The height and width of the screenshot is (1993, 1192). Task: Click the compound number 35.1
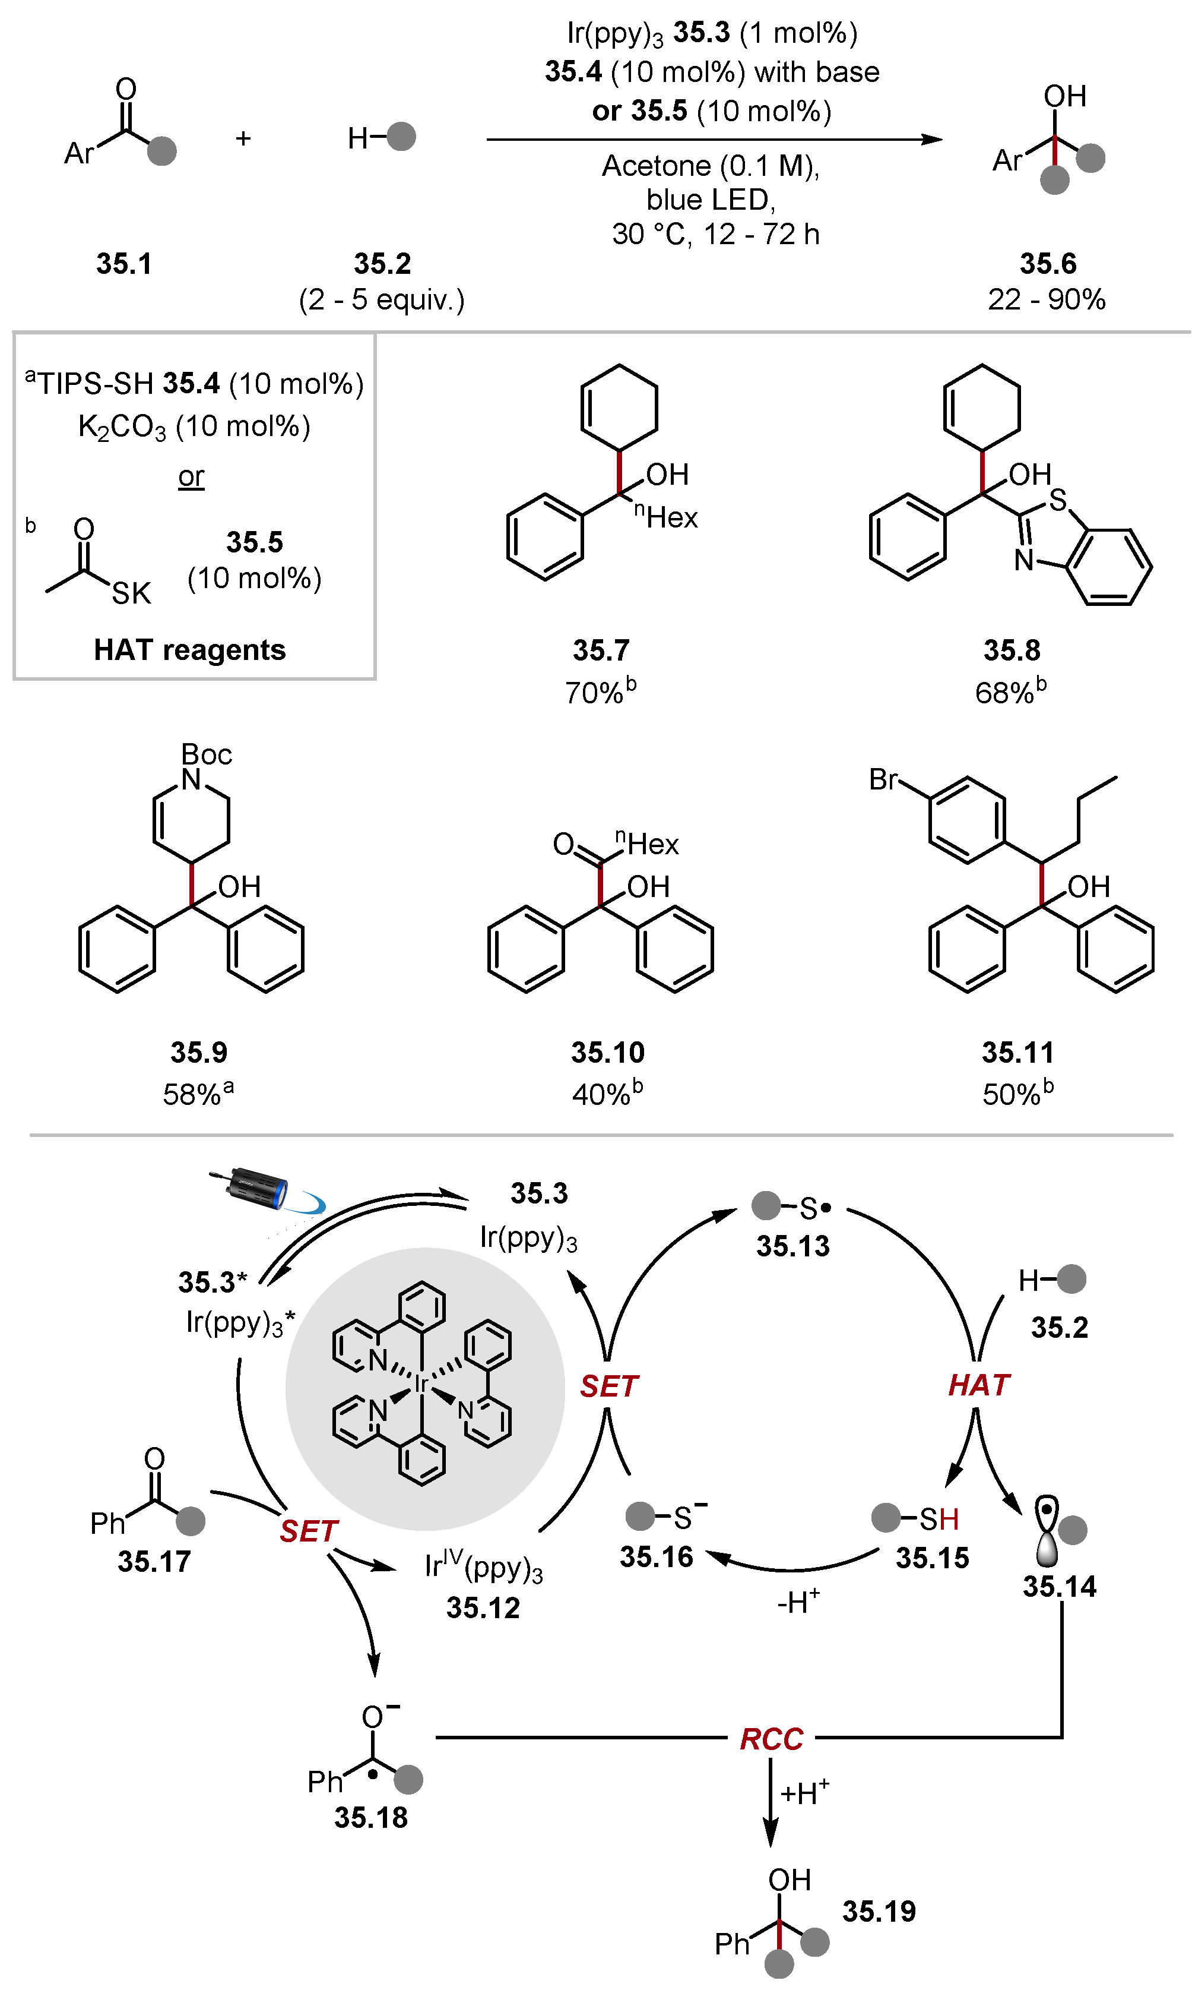123,264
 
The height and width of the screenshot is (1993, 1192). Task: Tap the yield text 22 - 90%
1047,300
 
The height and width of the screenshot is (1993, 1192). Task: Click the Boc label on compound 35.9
207,754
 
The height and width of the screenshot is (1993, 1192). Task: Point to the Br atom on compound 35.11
883,779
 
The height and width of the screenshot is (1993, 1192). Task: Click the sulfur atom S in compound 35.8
1058,500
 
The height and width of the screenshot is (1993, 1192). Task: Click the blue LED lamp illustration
257,1187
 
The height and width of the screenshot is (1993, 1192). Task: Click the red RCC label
771,1738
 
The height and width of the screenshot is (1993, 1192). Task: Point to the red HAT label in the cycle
978,1385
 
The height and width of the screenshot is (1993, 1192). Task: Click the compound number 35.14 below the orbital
1058,1586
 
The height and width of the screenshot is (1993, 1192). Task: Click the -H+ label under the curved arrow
798,1602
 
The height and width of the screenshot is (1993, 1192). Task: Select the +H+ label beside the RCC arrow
804,1793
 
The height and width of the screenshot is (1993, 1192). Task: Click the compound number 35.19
879,1911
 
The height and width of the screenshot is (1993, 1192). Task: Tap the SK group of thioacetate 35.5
131,593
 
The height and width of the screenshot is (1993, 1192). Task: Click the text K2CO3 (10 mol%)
194,427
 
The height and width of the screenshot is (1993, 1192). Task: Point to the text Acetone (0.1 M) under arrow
711,166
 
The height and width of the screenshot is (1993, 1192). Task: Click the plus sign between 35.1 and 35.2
243,138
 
